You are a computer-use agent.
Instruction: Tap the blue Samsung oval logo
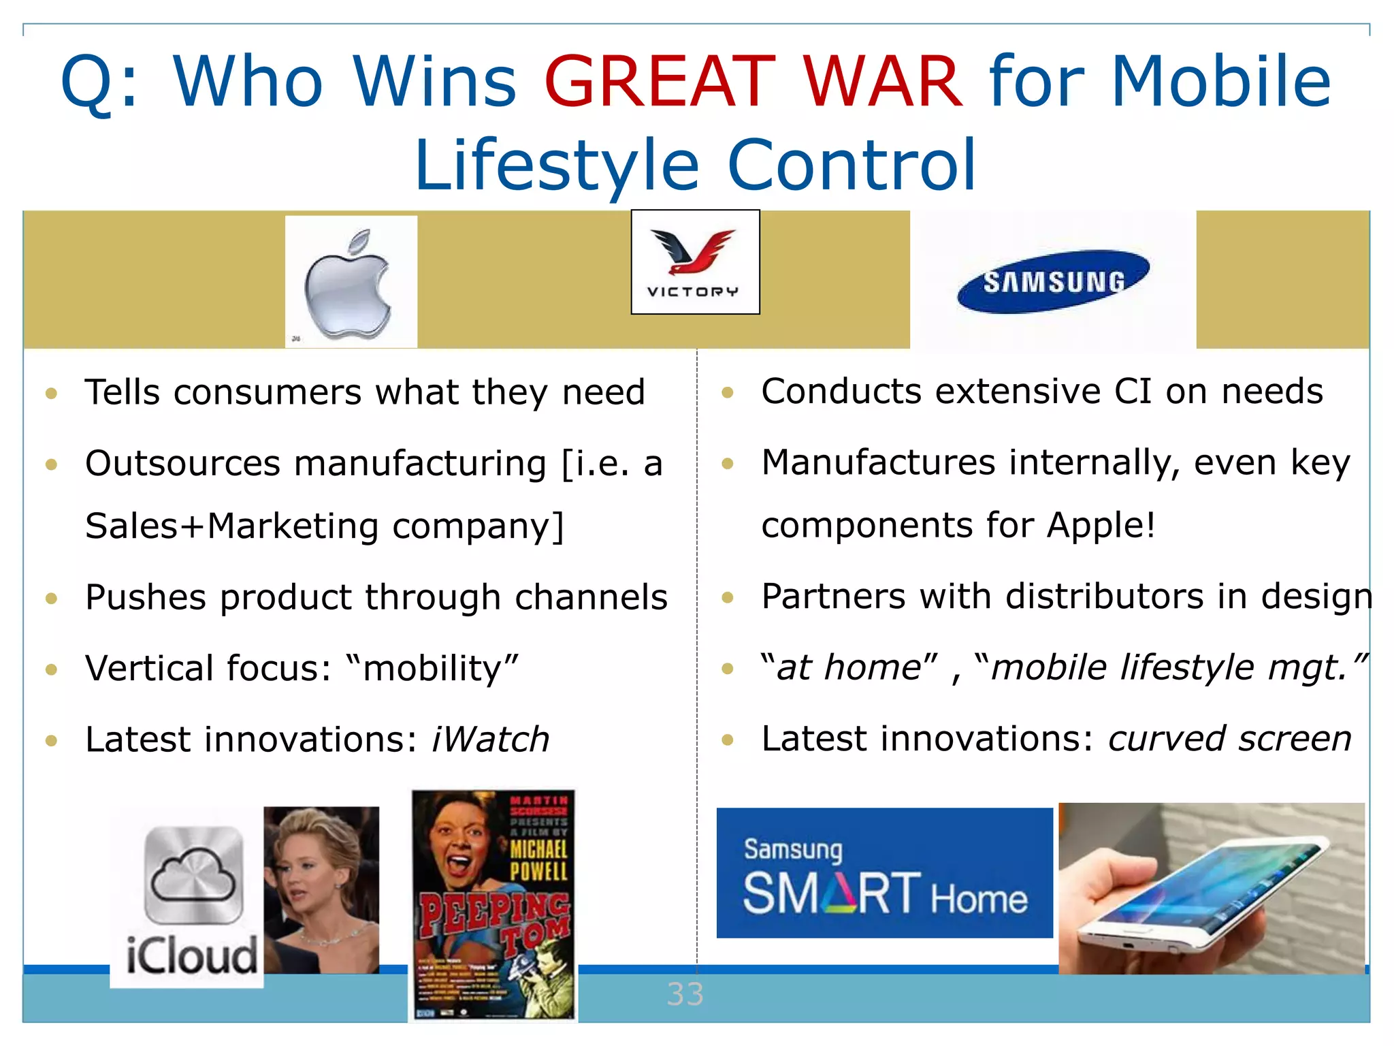click(x=1053, y=281)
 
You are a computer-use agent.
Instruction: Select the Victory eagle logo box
click(x=695, y=262)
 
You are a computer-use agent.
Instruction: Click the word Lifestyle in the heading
click(x=557, y=165)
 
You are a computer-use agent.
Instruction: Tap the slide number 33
click(x=685, y=994)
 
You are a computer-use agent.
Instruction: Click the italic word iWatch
click(x=490, y=740)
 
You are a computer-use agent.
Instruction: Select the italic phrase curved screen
click(x=1229, y=739)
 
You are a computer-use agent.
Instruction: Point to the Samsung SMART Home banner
click(x=884, y=873)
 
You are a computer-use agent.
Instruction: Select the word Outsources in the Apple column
click(x=182, y=464)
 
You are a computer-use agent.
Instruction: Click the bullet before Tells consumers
click(x=51, y=393)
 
